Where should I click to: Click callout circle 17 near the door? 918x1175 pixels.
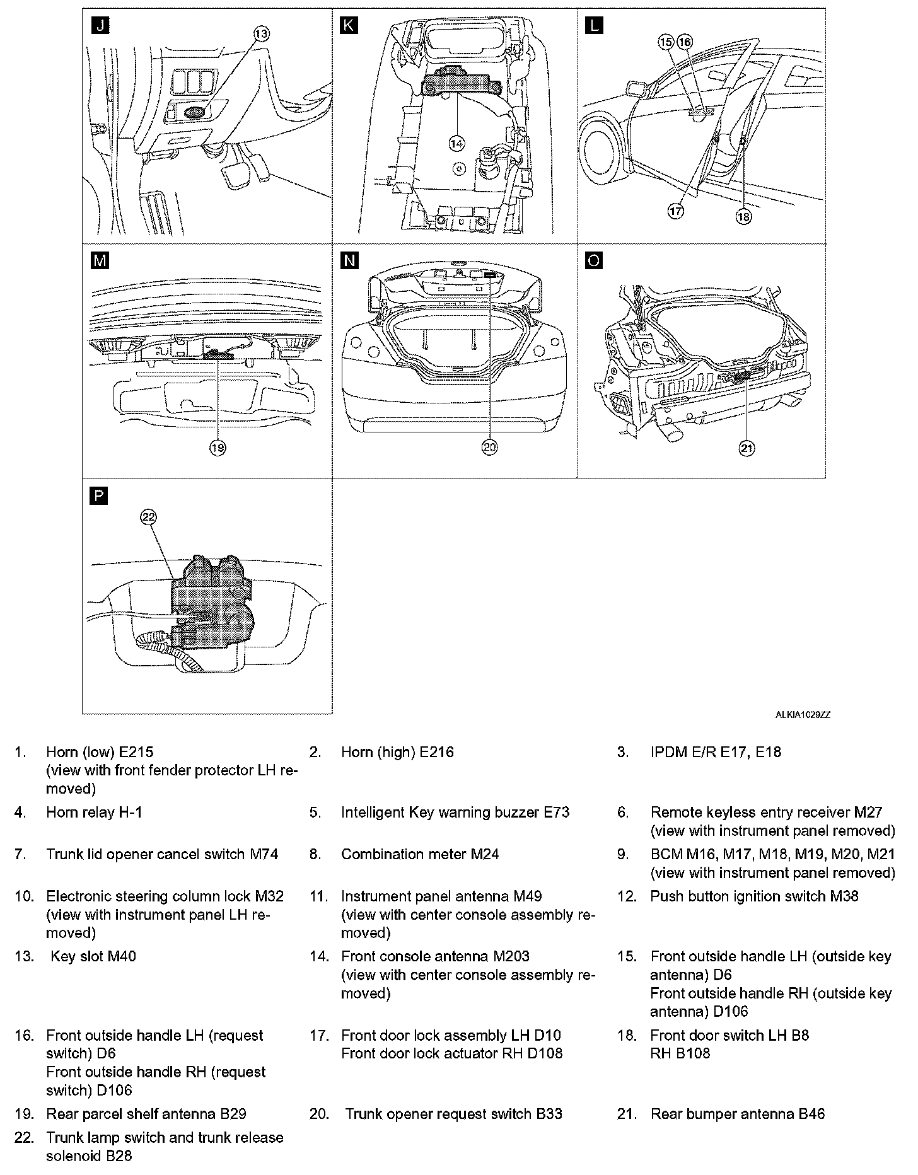[675, 211]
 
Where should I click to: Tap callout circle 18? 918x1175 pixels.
[744, 216]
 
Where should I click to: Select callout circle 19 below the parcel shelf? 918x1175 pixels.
[217, 448]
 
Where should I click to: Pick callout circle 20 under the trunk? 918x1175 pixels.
[490, 447]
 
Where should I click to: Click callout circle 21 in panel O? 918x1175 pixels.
[747, 448]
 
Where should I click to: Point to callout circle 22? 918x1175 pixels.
[148, 517]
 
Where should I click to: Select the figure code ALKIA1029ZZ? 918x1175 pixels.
[803, 715]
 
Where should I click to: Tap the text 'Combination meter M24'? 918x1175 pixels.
[420, 854]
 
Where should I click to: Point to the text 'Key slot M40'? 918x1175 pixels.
[93, 956]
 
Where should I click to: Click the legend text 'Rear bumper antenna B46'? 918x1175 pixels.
[737, 1114]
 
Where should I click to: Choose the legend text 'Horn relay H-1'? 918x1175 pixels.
[94, 813]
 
